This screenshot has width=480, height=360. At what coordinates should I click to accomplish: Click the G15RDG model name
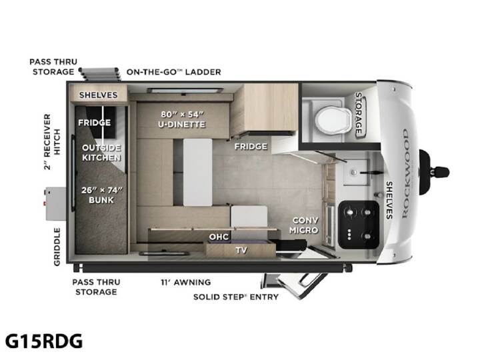pyautogui.click(x=44, y=341)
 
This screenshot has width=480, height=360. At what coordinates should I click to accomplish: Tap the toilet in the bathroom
pyautogui.click(x=334, y=120)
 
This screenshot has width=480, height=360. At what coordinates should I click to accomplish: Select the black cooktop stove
pyautogui.click(x=359, y=225)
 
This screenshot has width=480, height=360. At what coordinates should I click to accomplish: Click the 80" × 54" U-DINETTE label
pyautogui.click(x=182, y=119)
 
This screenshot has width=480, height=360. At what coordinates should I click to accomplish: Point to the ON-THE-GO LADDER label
pyautogui.click(x=173, y=72)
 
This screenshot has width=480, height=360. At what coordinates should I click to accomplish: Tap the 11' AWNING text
pyautogui.click(x=186, y=282)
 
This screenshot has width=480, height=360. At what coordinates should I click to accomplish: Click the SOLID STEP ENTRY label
pyautogui.click(x=236, y=297)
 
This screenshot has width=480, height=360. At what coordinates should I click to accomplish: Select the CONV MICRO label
pyautogui.click(x=305, y=225)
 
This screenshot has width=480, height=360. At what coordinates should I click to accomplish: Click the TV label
pyautogui.click(x=241, y=251)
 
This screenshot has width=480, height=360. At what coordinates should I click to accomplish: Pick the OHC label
pyautogui.click(x=219, y=237)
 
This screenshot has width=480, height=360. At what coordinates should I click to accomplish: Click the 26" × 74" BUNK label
pyautogui.click(x=101, y=195)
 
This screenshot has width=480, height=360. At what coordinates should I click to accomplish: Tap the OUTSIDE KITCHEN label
pyautogui.click(x=101, y=153)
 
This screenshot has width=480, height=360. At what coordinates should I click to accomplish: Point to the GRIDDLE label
pyautogui.click(x=57, y=247)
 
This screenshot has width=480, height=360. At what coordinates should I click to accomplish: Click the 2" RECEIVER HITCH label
pyautogui.click(x=52, y=142)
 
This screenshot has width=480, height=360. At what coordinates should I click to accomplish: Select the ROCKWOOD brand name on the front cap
pyautogui.click(x=405, y=173)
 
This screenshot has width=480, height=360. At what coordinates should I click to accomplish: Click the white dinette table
pyautogui.click(x=198, y=172)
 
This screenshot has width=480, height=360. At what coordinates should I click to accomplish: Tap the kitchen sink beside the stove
pyautogui.click(x=355, y=172)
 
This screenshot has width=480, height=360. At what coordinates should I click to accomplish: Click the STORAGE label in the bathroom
pyautogui.click(x=359, y=113)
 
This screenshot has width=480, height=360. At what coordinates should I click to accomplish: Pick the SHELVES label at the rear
pyautogui.click(x=98, y=95)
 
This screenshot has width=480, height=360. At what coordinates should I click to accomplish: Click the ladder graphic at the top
pyautogui.click(x=99, y=74)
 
